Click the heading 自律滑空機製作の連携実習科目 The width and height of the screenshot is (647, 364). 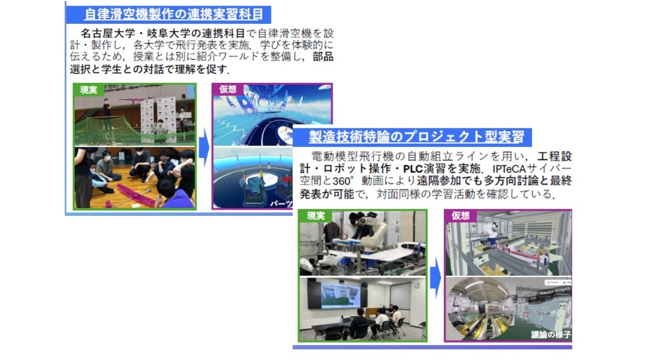173,14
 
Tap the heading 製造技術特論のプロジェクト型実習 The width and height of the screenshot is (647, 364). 417,136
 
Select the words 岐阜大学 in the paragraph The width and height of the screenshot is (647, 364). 167,34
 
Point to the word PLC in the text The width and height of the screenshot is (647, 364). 413,168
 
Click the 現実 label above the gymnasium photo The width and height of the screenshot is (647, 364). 88,90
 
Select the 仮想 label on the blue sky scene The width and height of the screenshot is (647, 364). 227,89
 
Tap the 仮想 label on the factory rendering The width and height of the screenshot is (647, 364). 460,216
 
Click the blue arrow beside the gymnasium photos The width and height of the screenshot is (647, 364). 203,147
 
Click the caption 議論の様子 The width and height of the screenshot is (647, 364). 550,335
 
